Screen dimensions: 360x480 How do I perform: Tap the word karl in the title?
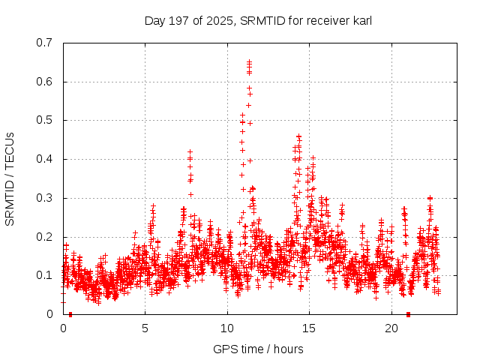click(x=359, y=21)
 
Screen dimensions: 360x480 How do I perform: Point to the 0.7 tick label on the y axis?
click(x=44, y=43)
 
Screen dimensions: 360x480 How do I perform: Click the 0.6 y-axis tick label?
click(x=44, y=82)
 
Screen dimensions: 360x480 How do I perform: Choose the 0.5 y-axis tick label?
click(x=44, y=121)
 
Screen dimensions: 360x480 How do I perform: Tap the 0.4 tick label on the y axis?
click(x=44, y=160)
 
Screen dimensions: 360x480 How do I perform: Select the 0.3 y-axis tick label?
click(x=44, y=199)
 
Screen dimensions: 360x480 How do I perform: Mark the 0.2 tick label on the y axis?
click(x=44, y=237)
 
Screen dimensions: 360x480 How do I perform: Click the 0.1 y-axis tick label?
click(x=44, y=276)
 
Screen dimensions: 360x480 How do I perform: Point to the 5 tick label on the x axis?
click(x=145, y=328)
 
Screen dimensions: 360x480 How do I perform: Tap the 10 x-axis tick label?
click(x=227, y=328)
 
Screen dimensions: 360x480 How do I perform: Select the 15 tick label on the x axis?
click(x=309, y=328)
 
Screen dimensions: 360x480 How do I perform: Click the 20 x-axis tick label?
click(x=391, y=328)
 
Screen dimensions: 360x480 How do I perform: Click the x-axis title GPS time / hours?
click(x=258, y=349)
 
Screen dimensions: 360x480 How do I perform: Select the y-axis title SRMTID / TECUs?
click(x=10, y=178)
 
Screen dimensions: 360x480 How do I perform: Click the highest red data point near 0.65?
click(x=249, y=62)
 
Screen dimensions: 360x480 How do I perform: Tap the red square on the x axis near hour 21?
click(x=408, y=314)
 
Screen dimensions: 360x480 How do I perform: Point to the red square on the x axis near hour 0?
click(x=70, y=314)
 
